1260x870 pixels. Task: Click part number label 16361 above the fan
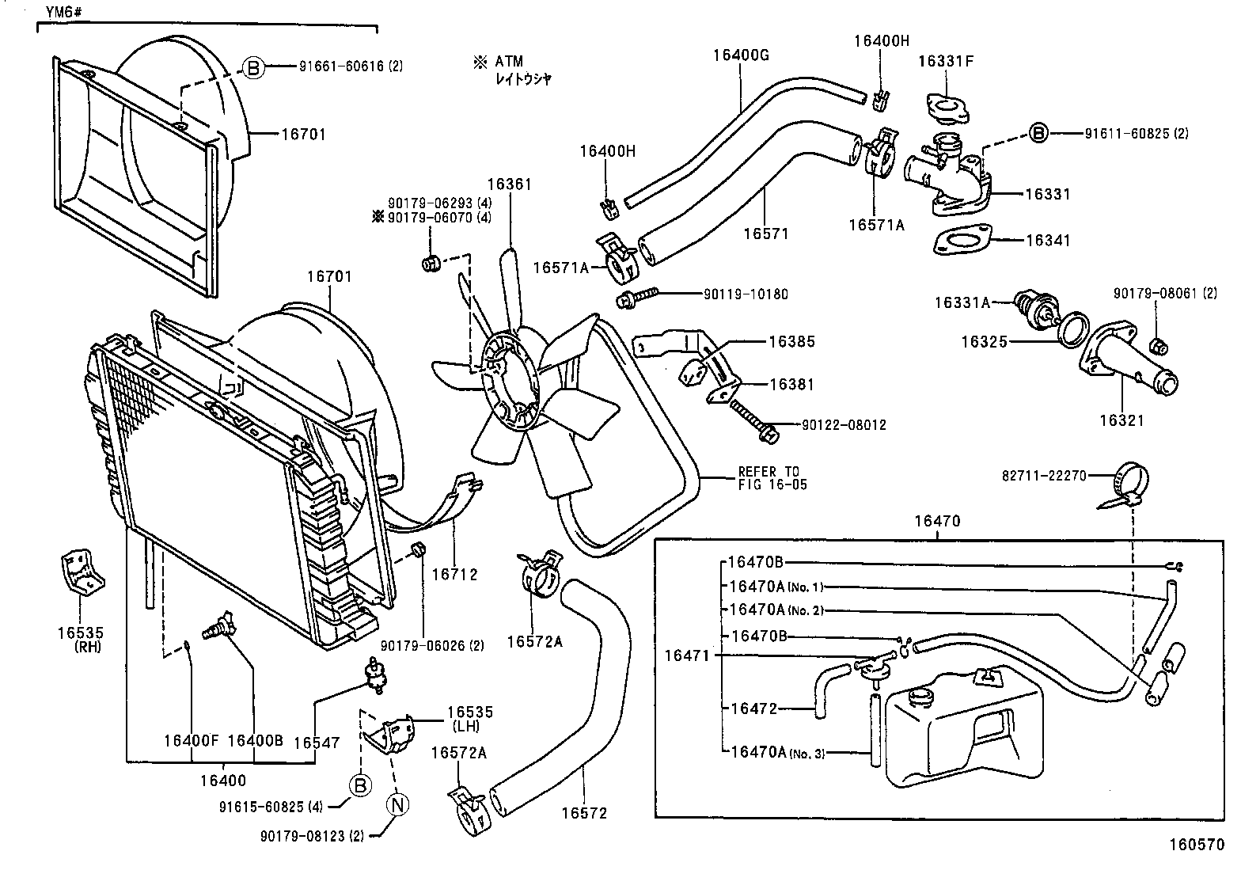[509, 184]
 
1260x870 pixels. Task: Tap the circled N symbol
[398, 804]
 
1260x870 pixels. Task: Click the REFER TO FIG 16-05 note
[772, 478]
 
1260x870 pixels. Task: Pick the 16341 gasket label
[1047, 240]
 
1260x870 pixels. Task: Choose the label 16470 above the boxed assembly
[937, 521]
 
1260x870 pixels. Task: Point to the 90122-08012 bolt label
[844, 425]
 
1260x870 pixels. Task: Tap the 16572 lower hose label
[585, 813]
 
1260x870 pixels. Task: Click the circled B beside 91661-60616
[252, 67]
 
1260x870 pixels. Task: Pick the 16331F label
[945, 61]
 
